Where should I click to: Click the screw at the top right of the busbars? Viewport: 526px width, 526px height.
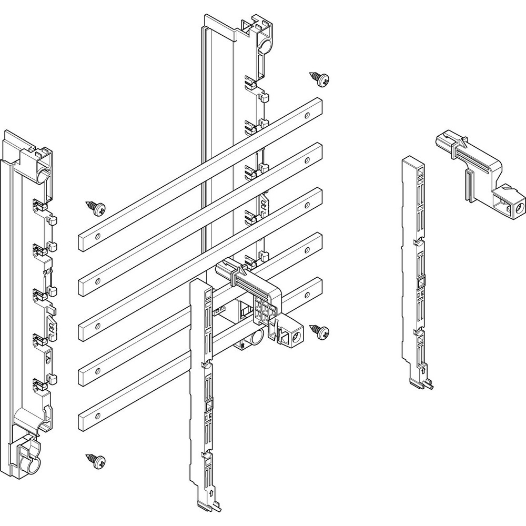[x=319, y=79]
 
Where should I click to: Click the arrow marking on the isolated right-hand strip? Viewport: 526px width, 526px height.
[x=424, y=371]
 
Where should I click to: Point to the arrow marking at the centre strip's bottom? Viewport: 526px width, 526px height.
[x=210, y=494]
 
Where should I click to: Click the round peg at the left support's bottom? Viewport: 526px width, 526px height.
[x=28, y=465]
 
